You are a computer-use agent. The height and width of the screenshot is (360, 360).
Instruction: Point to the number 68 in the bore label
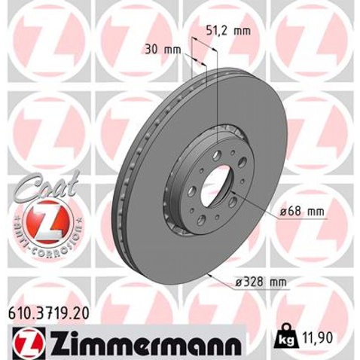pyautogui.click(x=295, y=212)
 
